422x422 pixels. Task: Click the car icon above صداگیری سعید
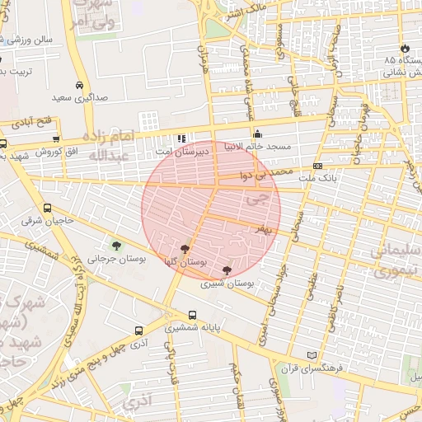tap(79, 85)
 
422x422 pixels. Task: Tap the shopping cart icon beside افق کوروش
tap(55, 138)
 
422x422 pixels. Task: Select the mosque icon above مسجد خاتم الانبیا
tap(258, 134)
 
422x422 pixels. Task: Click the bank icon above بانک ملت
tap(317, 166)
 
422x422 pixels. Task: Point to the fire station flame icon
tap(405, 48)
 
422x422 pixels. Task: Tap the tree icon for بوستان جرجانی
tap(116, 245)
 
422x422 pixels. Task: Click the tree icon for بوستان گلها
tap(185, 247)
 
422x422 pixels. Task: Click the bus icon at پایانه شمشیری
tap(192, 315)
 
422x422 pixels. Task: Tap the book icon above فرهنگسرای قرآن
tap(311, 355)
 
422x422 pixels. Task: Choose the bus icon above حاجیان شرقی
tap(48, 209)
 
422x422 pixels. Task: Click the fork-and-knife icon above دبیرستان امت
tap(181, 138)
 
